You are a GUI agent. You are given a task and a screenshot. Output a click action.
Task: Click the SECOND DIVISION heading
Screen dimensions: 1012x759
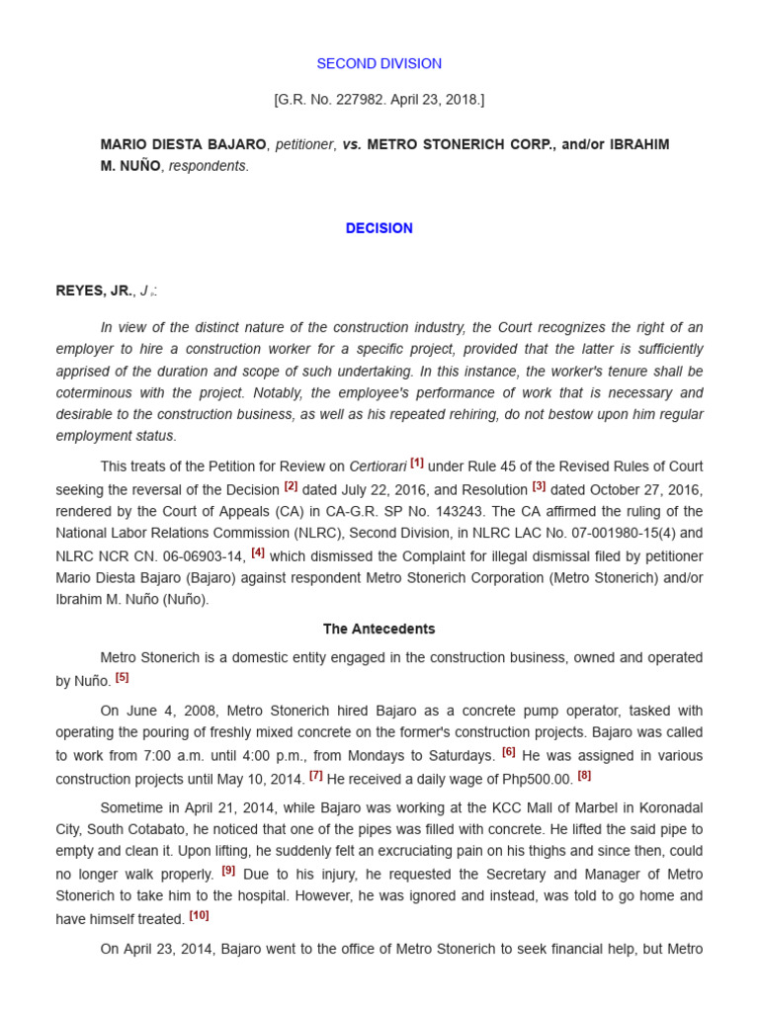click(379, 63)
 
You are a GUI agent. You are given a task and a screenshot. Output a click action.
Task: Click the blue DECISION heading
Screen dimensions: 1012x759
click(379, 228)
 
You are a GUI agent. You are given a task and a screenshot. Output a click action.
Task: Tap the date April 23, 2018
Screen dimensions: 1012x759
click(435, 100)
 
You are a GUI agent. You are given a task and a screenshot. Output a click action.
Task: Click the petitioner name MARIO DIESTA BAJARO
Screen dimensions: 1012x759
click(183, 144)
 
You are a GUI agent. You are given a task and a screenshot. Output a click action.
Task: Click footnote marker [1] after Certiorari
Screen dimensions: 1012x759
click(417, 463)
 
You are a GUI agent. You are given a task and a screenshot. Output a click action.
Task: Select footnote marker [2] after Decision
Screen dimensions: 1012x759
click(291, 485)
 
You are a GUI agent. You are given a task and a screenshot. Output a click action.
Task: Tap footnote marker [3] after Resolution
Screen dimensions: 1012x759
click(539, 485)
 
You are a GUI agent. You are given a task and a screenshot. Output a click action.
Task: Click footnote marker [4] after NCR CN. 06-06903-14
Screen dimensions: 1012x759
click(258, 552)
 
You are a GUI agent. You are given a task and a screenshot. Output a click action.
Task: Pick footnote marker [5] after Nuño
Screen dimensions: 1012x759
click(122, 677)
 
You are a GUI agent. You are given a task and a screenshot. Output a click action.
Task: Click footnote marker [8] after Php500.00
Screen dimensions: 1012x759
click(584, 775)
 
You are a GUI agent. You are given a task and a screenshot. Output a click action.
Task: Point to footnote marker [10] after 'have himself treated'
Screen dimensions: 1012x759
click(199, 915)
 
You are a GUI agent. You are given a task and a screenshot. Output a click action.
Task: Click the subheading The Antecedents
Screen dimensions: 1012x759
click(379, 629)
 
